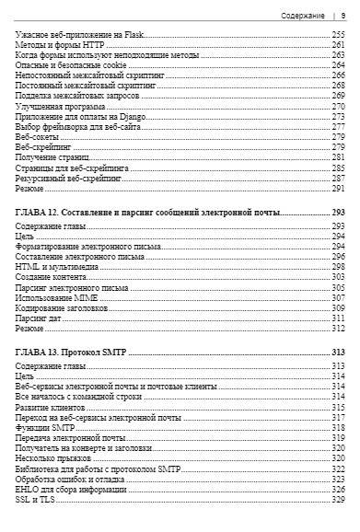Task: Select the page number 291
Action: (x=338, y=189)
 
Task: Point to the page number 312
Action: (x=338, y=329)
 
